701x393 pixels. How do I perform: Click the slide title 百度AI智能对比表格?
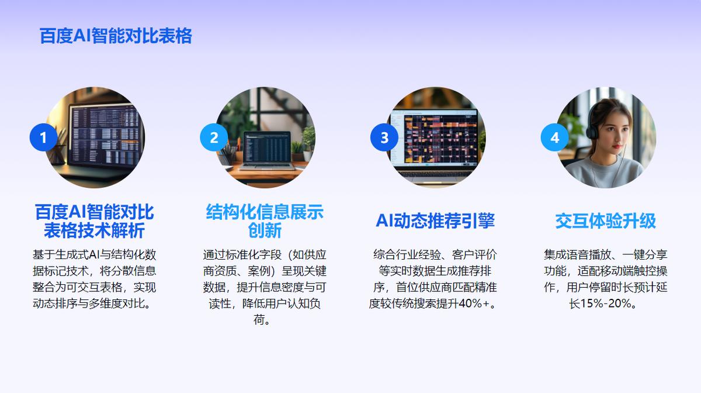(116, 36)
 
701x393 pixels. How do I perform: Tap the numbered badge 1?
(43, 137)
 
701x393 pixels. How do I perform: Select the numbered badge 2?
(214, 137)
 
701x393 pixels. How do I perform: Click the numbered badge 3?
(384, 137)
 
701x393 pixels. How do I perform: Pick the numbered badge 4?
(554, 137)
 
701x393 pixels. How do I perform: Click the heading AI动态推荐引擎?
(435, 220)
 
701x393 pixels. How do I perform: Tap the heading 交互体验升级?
(606, 220)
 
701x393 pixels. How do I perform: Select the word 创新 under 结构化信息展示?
(265, 230)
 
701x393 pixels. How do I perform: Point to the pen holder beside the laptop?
(228, 154)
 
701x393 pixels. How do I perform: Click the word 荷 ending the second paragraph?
(259, 320)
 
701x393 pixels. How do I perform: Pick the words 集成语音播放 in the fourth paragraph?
(577, 254)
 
